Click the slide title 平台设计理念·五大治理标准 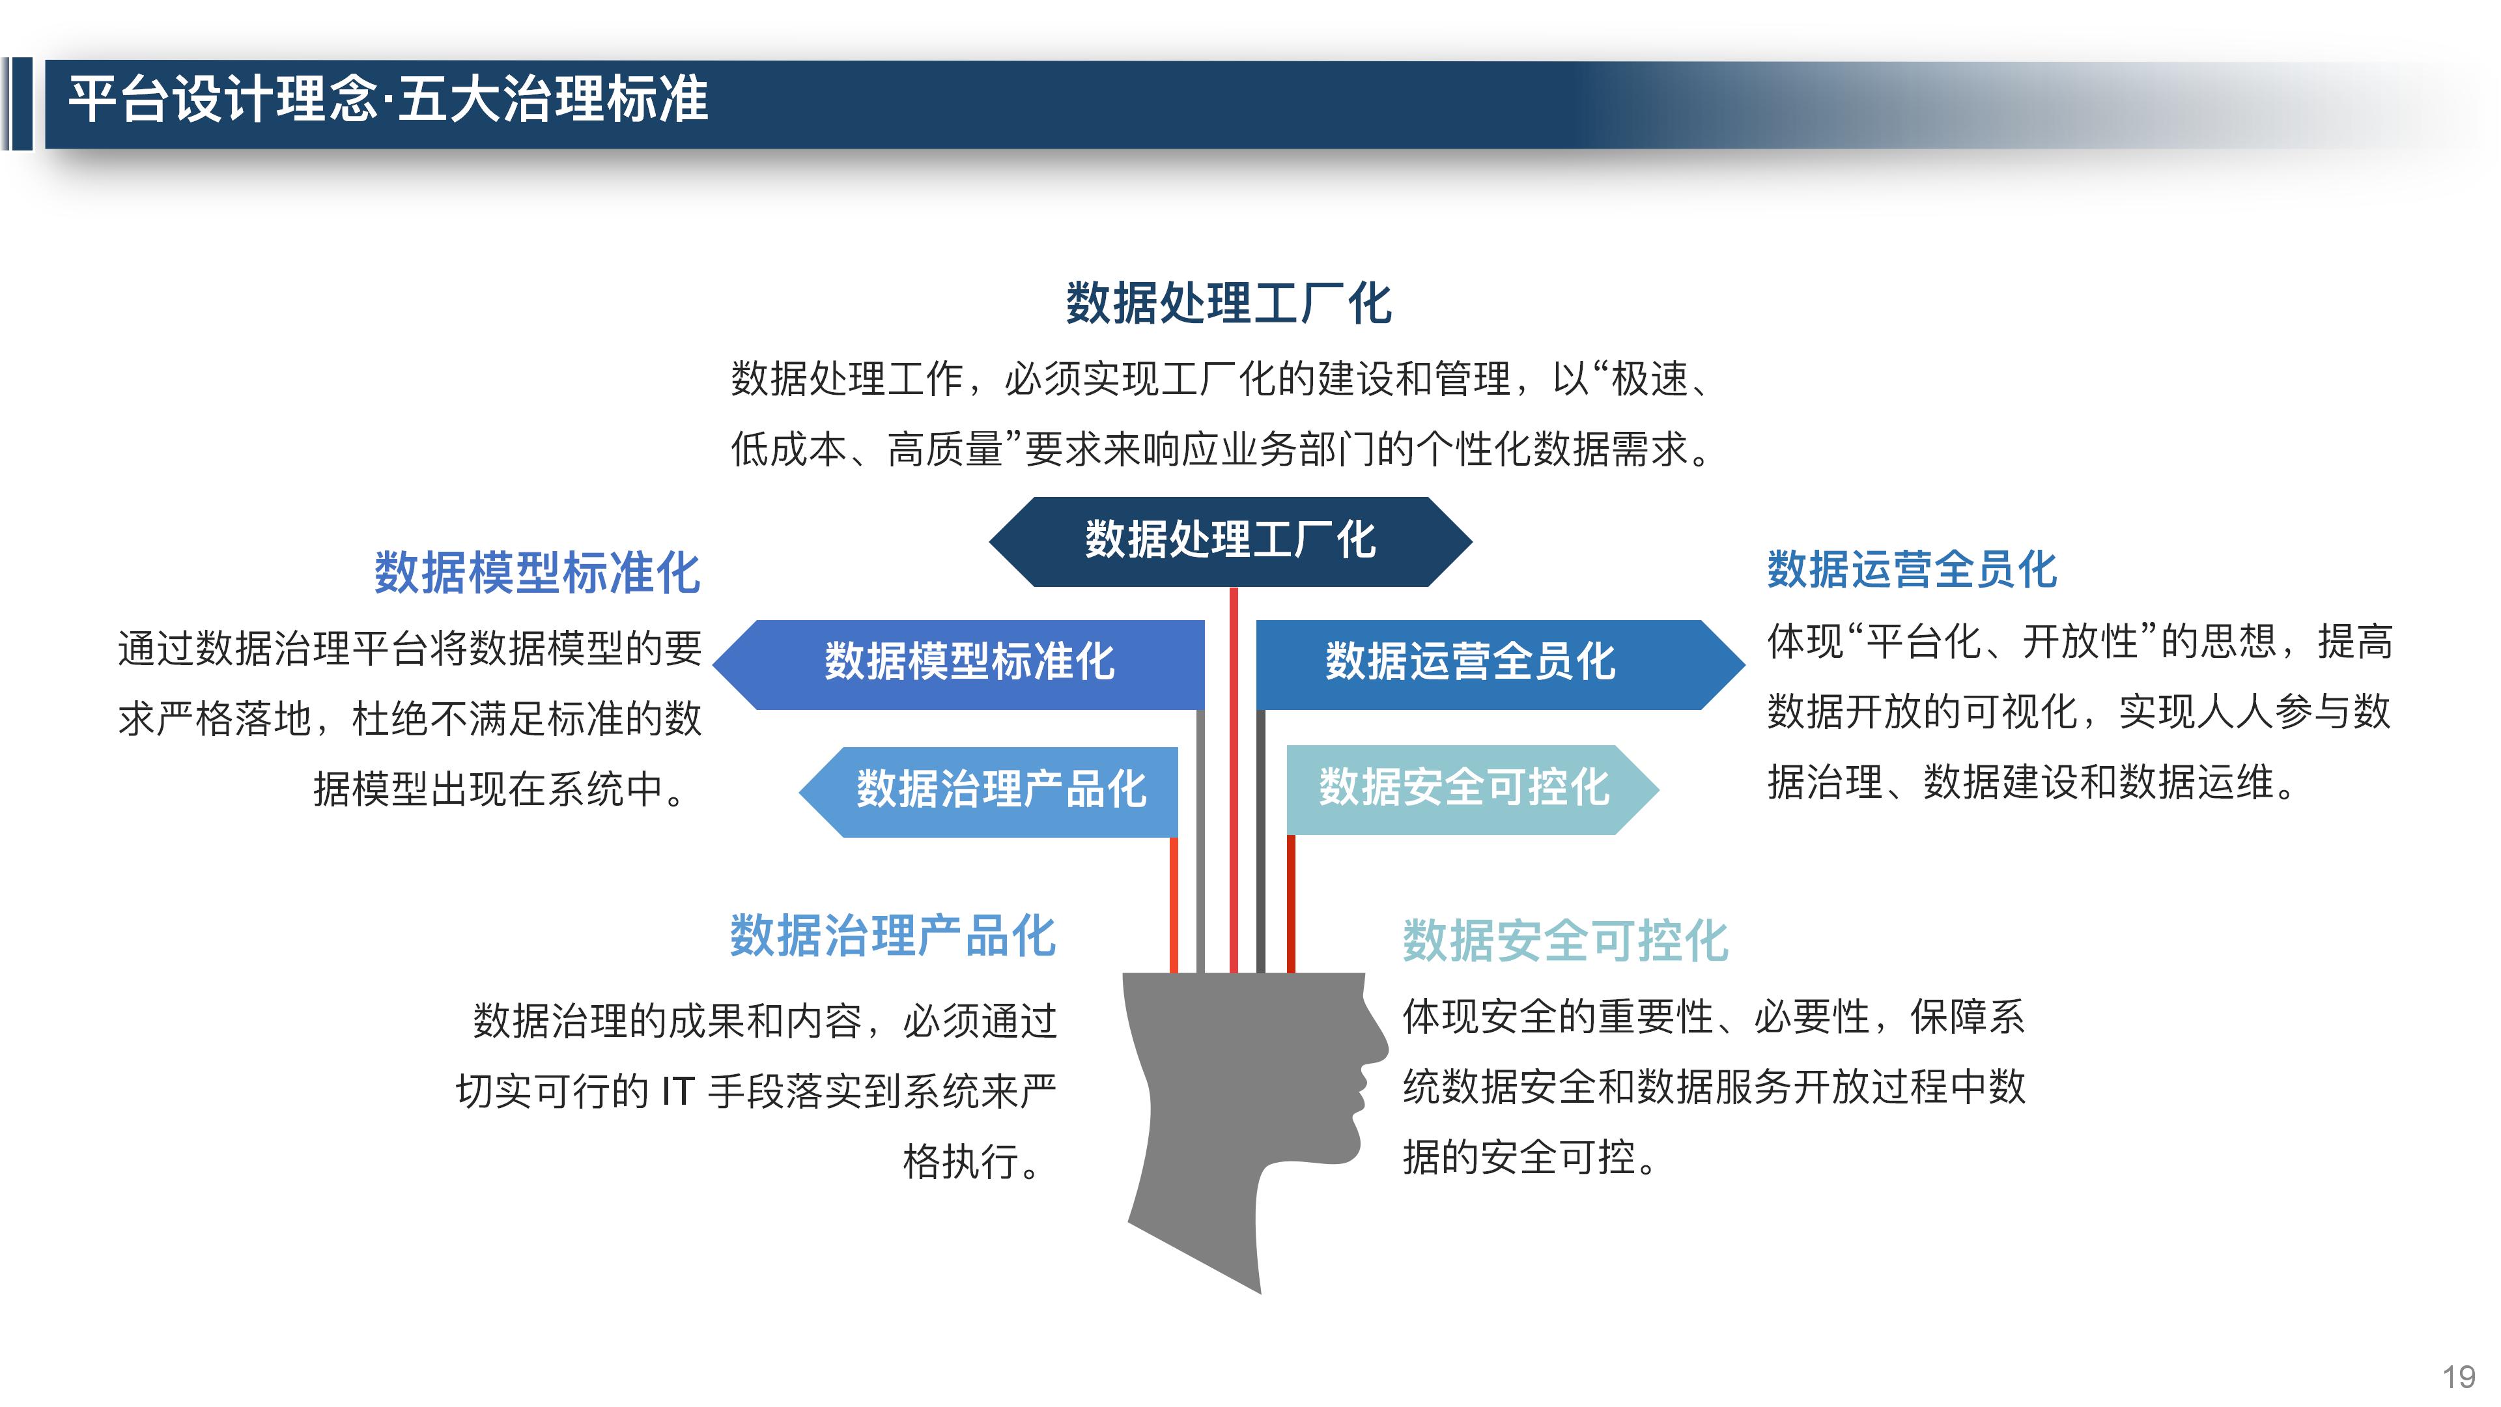(388, 100)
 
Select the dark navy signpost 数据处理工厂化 (1230, 541)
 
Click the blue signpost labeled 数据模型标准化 (969, 663)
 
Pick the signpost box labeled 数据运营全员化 (1470, 663)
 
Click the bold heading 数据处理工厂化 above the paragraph (1228, 304)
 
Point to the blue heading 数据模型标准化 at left (537, 573)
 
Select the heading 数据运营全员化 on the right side (1911, 570)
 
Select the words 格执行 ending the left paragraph (960, 1162)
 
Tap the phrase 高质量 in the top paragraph (944, 449)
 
